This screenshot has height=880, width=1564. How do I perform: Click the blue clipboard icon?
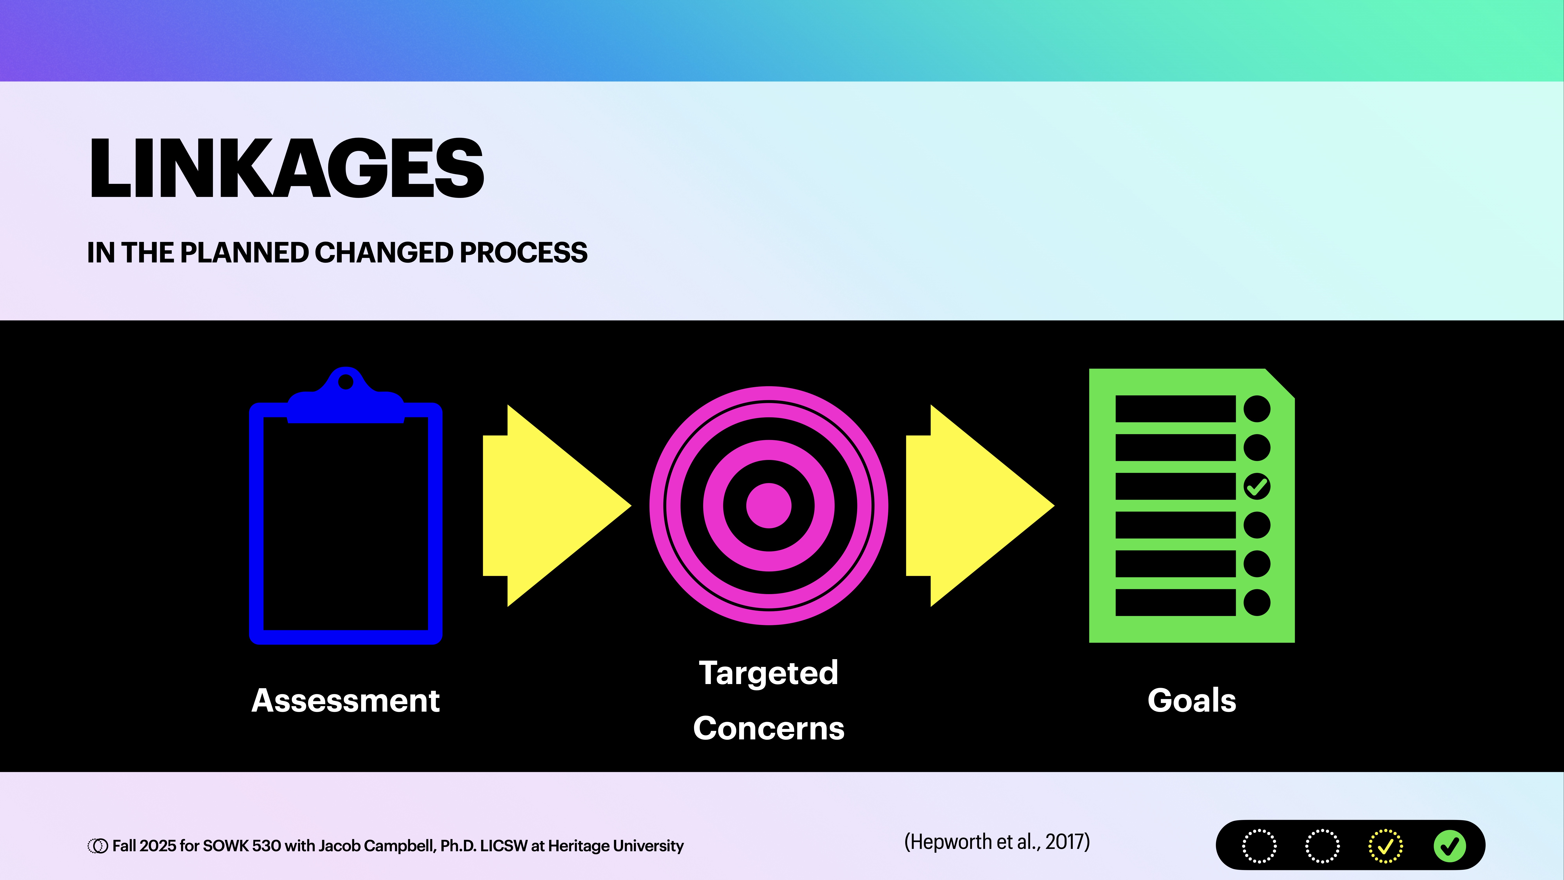(x=345, y=522)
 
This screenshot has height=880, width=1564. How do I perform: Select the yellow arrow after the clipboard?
(x=556, y=505)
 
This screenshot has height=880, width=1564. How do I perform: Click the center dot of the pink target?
(x=769, y=505)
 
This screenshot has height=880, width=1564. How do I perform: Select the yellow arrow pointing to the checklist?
(x=979, y=505)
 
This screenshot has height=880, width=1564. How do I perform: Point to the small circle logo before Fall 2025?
(x=97, y=846)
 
